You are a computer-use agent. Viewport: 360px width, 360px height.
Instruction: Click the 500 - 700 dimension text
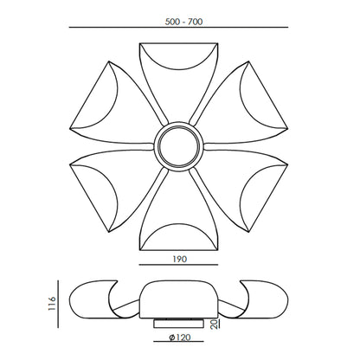click(183, 22)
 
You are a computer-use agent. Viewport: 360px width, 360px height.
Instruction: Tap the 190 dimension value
click(180, 259)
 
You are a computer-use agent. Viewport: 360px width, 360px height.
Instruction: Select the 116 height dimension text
click(53, 303)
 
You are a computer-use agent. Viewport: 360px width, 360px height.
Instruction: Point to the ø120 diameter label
click(180, 337)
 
